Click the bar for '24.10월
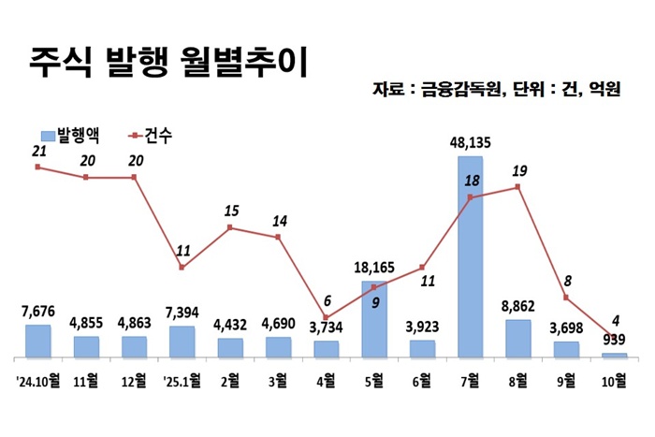38,342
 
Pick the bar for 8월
517,339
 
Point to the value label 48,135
470,142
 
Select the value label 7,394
182,311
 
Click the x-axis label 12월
134,381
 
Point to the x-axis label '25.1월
181,381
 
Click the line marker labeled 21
37,167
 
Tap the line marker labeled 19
517,187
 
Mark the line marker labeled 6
326,317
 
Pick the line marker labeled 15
230,227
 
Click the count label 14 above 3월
279,222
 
